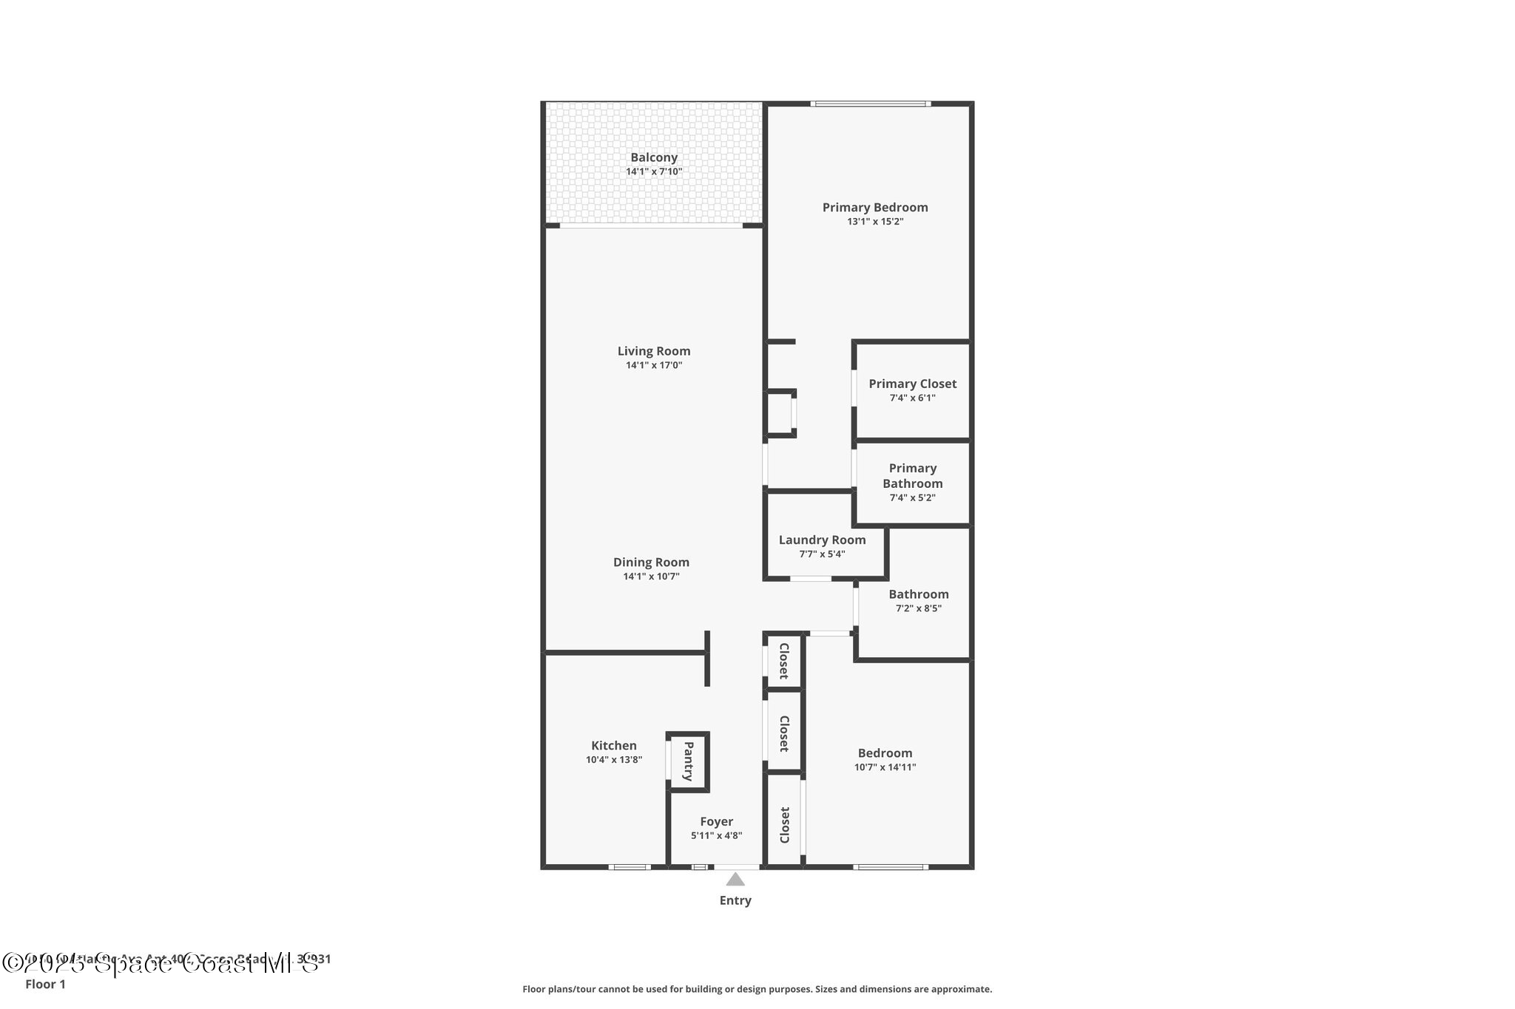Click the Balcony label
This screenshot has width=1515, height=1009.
(x=653, y=157)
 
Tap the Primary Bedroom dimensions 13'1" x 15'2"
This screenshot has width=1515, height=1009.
(x=875, y=222)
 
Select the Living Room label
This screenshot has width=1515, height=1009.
(x=654, y=351)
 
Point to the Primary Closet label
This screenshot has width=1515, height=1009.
(x=912, y=384)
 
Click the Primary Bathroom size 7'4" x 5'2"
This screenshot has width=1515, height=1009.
(x=912, y=498)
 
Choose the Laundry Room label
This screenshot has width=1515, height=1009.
(x=822, y=540)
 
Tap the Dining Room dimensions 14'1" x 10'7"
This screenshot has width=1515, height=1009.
(x=651, y=577)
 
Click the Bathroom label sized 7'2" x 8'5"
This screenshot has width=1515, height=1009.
(x=918, y=594)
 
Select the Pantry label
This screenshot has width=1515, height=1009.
(x=688, y=761)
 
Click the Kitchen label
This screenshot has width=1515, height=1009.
(x=613, y=746)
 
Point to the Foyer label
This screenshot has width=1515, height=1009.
(x=716, y=821)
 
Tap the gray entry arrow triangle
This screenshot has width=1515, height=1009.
(x=735, y=880)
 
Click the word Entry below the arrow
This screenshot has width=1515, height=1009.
(x=735, y=900)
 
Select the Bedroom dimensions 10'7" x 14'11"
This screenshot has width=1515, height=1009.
(x=885, y=767)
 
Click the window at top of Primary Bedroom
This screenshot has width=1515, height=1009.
(x=870, y=104)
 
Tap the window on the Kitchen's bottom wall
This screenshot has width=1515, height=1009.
(x=630, y=867)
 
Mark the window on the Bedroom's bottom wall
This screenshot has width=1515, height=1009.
(x=890, y=867)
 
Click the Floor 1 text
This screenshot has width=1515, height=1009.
(x=45, y=984)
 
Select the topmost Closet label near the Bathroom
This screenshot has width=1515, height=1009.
(x=784, y=661)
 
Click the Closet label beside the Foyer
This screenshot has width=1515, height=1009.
(x=785, y=824)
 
